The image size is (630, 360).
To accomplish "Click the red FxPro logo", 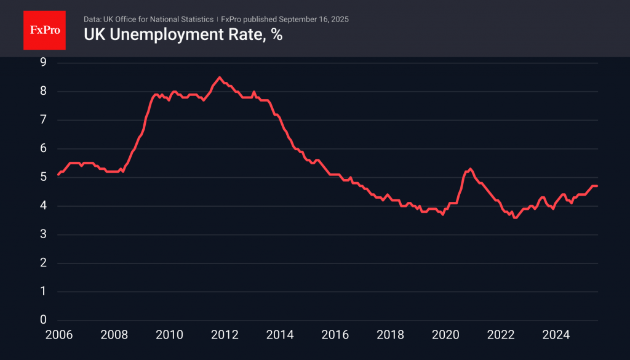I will [x=44, y=30].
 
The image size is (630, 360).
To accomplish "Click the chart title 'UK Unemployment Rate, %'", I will [x=183, y=35].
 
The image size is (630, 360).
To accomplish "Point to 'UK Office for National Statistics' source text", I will [x=162, y=19].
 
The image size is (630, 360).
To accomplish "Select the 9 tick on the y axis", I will [x=44, y=62].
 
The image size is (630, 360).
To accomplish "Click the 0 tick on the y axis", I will [x=44, y=320].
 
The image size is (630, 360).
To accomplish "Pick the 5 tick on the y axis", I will [x=44, y=177].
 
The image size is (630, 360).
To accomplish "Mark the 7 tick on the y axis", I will [x=44, y=120].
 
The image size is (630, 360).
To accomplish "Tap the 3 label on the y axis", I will [x=44, y=234].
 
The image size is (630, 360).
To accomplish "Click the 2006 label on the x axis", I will [x=58, y=335].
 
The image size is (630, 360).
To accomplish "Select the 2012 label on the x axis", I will [x=225, y=335].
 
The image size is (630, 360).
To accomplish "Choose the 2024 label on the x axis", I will [x=556, y=335].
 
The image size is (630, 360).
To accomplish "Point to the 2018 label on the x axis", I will [x=390, y=335].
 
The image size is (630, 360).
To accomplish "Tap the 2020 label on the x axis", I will [x=445, y=335].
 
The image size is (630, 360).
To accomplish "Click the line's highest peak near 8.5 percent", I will [x=220, y=77].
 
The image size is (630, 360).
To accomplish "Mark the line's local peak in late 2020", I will [x=470, y=169].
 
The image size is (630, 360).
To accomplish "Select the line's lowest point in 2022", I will [x=515, y=217].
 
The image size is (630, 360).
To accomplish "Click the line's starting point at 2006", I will [x=58, y=175].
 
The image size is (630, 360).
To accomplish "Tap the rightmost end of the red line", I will [x=597, y=186].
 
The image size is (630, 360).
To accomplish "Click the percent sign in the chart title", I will [x=277, y=35].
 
